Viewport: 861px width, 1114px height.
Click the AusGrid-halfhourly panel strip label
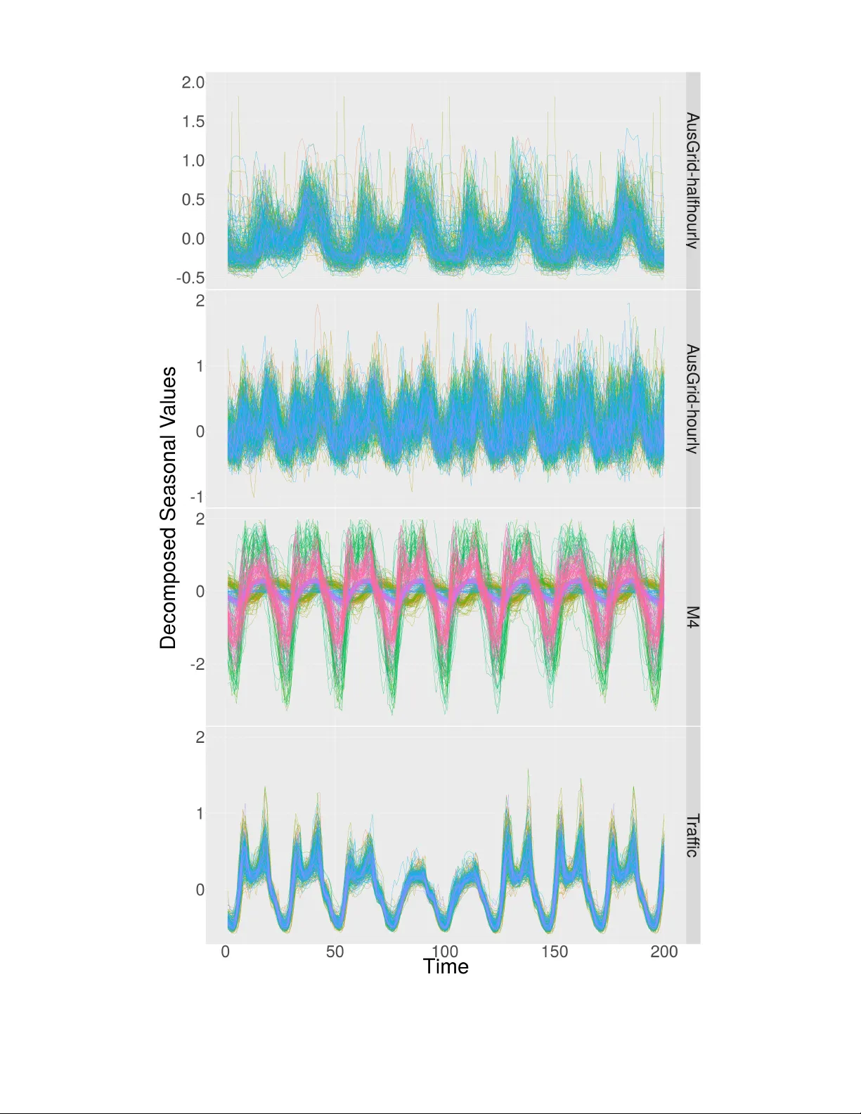pos(692,181)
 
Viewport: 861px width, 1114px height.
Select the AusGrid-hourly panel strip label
pos(692,399)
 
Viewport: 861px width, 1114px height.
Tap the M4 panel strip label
pos(692,617)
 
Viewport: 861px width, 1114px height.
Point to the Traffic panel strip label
pos(692,835)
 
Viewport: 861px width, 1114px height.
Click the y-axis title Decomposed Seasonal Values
pos(168,507)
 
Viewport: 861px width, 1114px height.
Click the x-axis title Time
pos(446,966)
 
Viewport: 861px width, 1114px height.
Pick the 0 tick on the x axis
pos(226,952)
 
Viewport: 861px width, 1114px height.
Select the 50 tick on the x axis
pos(335,952)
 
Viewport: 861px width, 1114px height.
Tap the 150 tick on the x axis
pos(555,952)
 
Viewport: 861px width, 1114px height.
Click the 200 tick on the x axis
pos(664,952)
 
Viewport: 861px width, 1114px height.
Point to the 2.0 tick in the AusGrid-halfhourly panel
pos(193,82)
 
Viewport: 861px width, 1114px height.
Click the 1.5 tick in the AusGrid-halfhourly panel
pos(193,122)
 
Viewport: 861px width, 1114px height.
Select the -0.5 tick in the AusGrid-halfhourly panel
pos(191,278)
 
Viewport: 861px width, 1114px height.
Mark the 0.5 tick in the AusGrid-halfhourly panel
pos(193,200)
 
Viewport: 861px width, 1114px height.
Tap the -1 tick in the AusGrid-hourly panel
pos(198,497)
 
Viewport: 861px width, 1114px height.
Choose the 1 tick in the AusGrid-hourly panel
pos(200,366)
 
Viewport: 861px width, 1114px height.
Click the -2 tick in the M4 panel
pos(198,664)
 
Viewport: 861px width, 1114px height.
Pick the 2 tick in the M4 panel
pos(200,519)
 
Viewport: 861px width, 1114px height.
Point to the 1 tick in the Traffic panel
pos(200,813)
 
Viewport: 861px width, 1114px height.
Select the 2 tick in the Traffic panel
pos(200,737)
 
